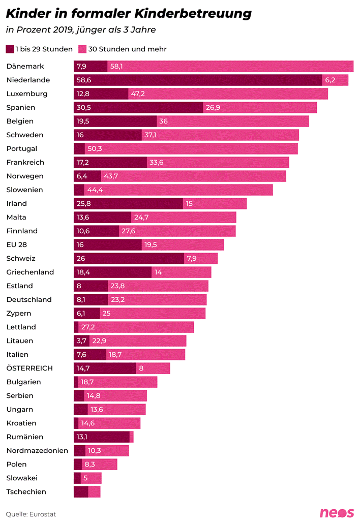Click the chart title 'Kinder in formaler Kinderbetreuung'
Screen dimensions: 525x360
pos(129,14)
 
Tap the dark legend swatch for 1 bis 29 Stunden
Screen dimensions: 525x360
pos(10,49)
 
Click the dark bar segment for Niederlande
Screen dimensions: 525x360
pos(198,80)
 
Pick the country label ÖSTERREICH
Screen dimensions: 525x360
pos(29,368)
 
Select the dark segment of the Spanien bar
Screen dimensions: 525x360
pos(138,108)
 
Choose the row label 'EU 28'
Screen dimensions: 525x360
pos(16,245)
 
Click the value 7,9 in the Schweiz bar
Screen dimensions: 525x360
pos(192,259)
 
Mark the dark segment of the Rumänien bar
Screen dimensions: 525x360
pos(101,437)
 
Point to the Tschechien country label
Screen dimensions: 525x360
pos(26,492)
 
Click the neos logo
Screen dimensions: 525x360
pos(336,513)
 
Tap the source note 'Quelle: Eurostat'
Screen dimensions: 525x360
pos(31,514)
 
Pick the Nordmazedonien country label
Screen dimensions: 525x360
pos(37,451)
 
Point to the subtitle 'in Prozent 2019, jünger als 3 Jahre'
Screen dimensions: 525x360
pos(81,30)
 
